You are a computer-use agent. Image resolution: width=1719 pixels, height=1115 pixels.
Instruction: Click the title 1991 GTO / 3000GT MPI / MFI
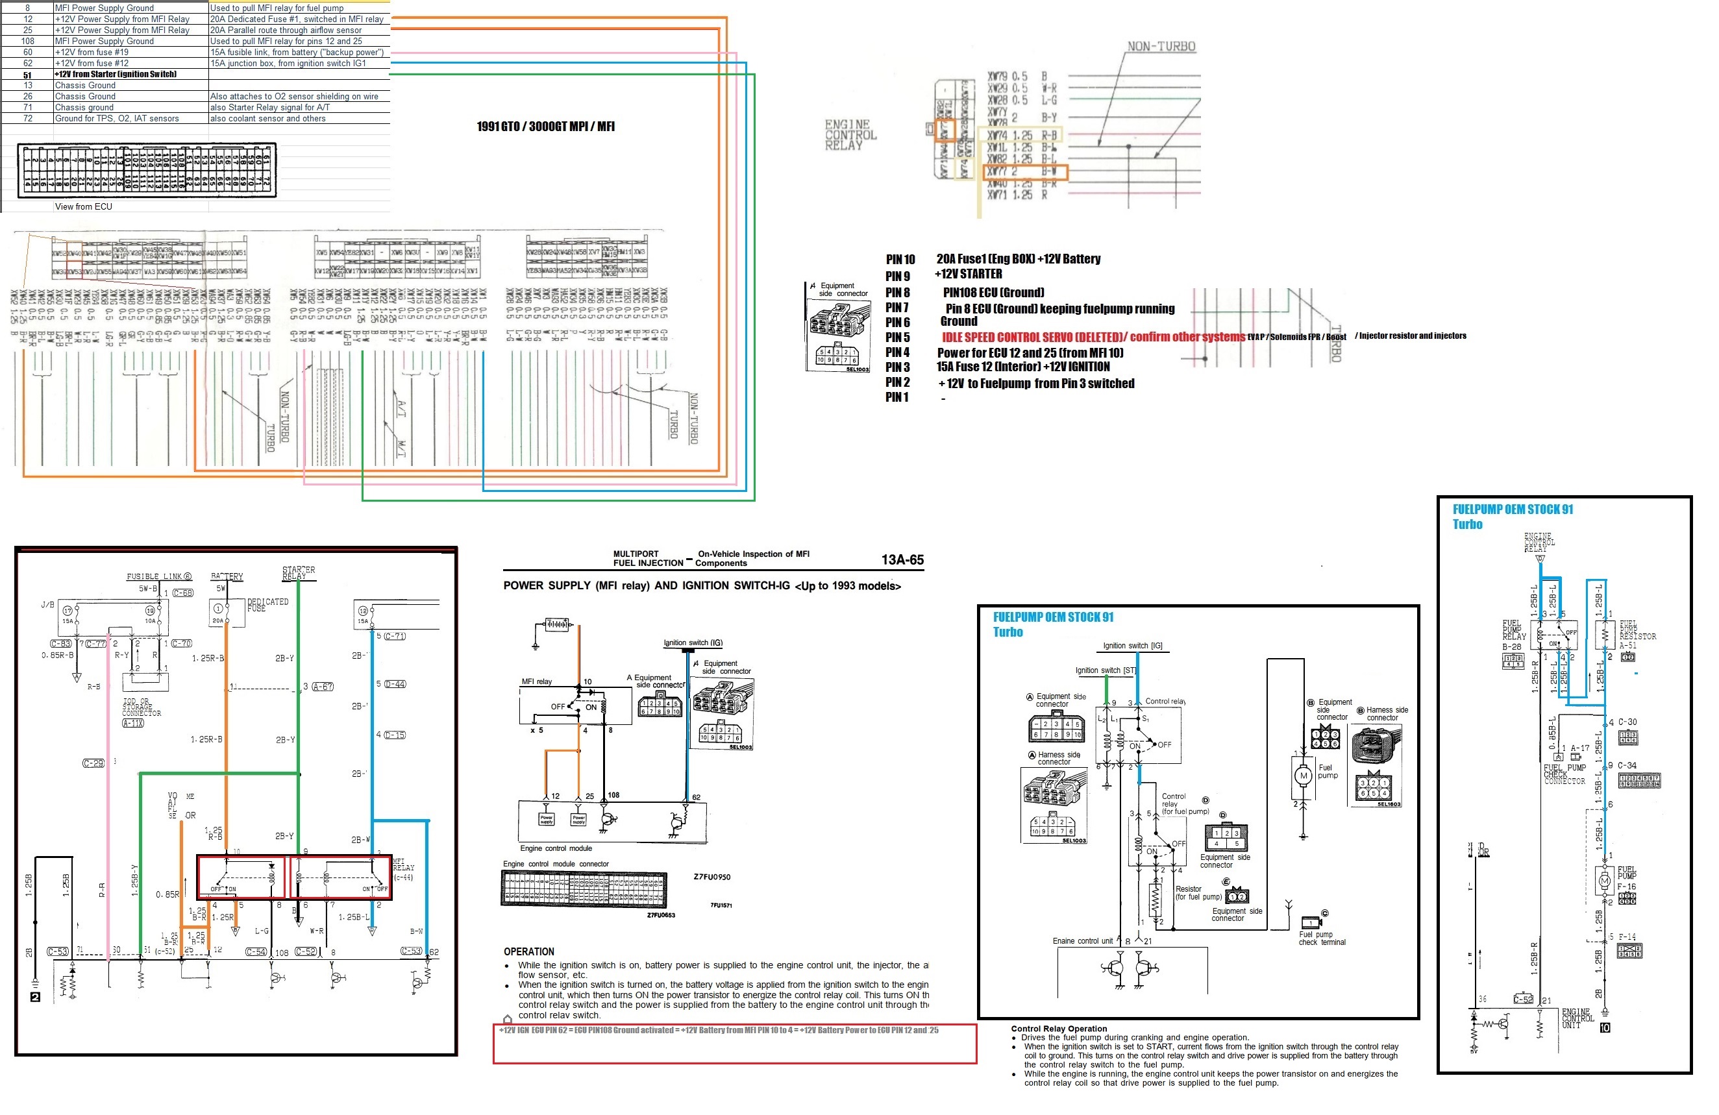point(545,127)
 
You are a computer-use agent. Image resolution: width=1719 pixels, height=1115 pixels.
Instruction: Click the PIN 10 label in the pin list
point(900,259)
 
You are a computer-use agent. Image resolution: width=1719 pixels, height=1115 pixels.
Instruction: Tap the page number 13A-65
point(902,559)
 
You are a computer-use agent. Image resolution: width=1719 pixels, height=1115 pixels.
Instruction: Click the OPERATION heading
point(528,952)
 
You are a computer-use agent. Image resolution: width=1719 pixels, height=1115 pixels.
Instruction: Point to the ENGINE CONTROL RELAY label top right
point(850,135)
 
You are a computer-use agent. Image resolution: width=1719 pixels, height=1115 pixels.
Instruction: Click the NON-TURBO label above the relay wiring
point(1161,47)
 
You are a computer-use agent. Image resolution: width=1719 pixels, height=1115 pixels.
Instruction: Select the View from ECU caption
point(83,206)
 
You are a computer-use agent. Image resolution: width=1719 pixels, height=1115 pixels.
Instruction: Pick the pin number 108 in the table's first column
point(27,41)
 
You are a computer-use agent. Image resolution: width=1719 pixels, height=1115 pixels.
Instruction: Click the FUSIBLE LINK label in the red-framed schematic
point(158,576)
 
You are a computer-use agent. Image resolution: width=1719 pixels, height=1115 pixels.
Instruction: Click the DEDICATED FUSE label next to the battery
point(267,604)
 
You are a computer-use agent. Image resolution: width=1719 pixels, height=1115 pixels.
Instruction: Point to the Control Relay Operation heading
point(1058,1028)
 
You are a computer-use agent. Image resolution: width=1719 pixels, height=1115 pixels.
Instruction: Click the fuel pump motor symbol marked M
point(1303,776)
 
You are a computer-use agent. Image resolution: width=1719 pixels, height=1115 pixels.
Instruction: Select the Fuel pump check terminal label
point(1322,938)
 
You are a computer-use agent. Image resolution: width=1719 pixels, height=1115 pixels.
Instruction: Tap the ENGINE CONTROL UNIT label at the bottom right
point(1577,1018)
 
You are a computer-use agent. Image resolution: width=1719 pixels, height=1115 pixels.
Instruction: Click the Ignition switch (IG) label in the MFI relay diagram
point(693,643)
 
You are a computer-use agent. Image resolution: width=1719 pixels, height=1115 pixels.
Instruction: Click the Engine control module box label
point(556,848)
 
